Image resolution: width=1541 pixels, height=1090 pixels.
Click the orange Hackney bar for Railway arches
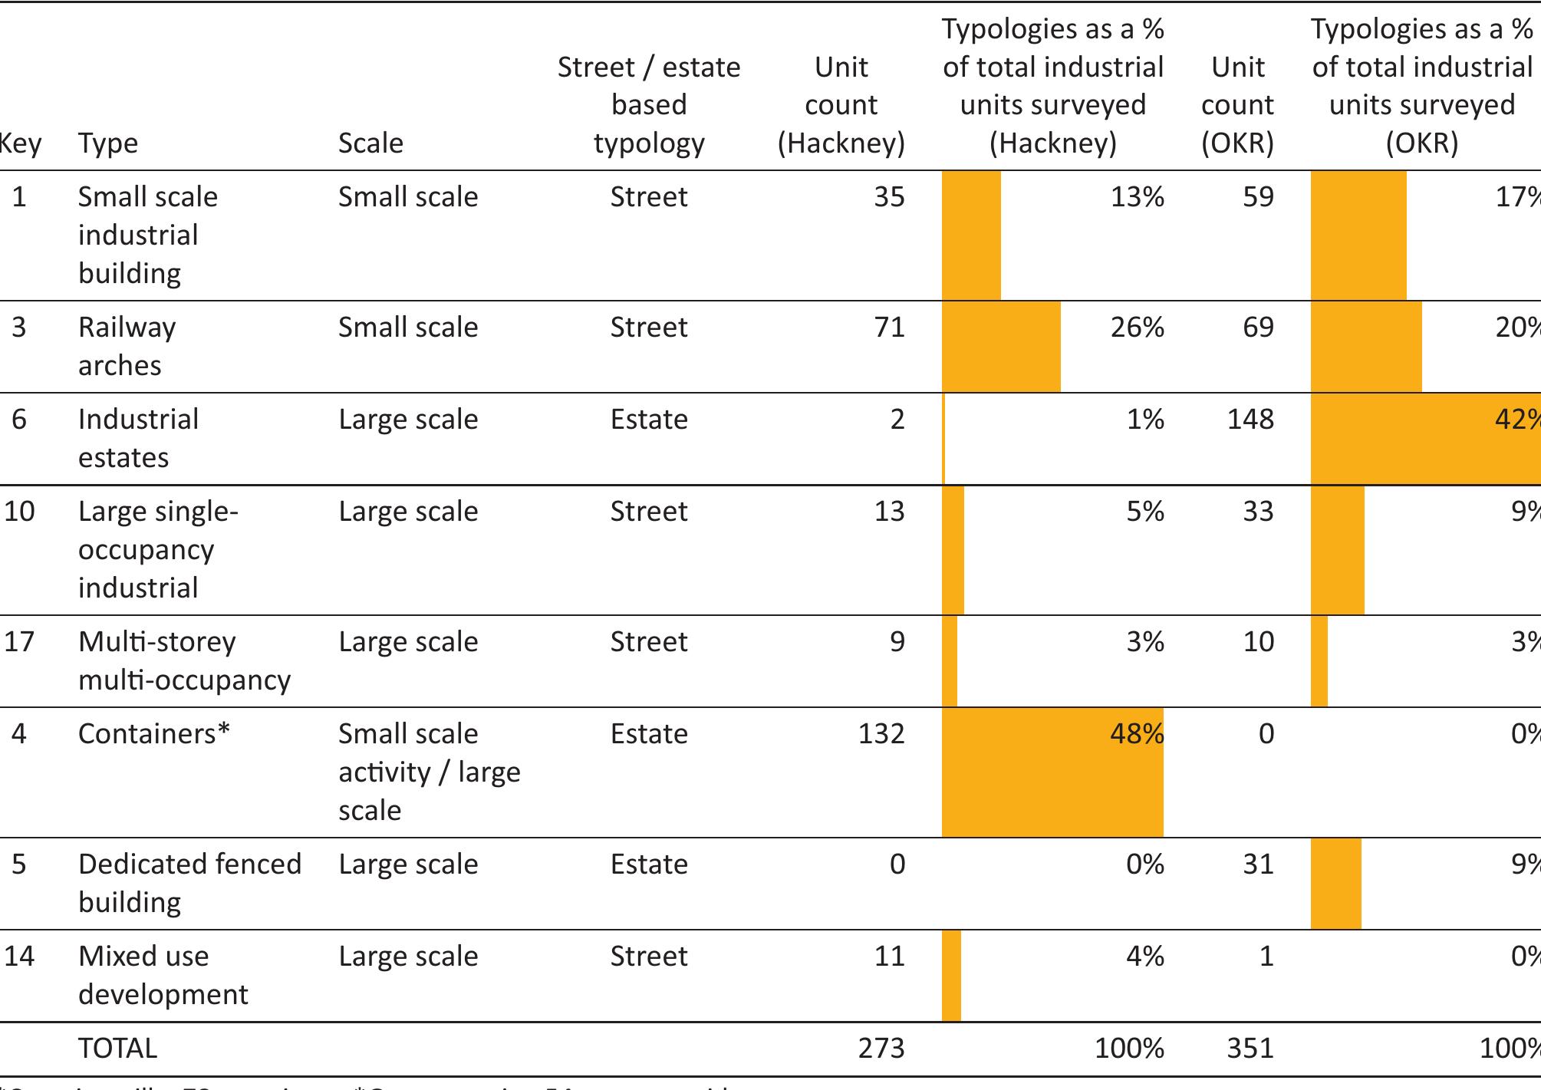point(1000,347)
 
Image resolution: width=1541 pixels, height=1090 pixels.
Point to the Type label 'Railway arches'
point(127,346)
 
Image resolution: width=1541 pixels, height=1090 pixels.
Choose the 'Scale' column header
point(370,143)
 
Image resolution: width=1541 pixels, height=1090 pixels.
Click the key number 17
point(19,642)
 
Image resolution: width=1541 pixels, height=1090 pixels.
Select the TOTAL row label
point(117,1049)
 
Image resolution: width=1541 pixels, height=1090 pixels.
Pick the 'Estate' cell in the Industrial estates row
point(649,420)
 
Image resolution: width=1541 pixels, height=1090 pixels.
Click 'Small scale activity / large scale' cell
point(429,772)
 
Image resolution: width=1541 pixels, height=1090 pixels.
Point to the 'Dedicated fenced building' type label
point(189,883)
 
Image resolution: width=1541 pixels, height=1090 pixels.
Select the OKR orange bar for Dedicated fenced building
point(1335,884)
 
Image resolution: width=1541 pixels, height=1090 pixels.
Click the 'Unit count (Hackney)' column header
point(841,105)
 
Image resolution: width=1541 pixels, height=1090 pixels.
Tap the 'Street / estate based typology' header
point(649,105)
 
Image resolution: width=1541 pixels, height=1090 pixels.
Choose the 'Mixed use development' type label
point(163,975)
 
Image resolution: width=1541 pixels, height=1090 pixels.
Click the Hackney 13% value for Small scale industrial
point(1137,197)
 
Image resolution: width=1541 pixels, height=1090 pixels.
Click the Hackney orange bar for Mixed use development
point(951,976)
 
